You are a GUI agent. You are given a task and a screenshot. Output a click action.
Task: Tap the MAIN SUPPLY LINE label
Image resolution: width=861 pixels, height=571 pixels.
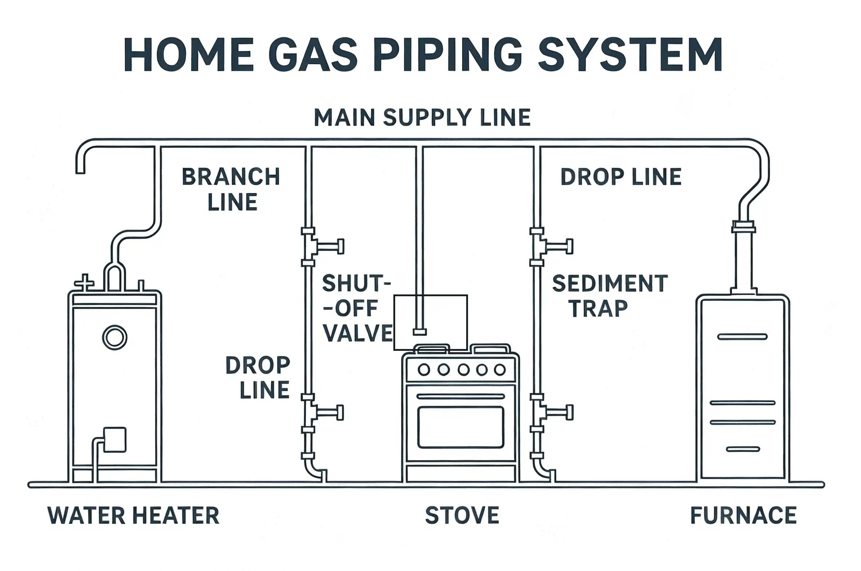422,118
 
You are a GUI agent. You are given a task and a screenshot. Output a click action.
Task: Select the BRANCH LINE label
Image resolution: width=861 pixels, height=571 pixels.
231,189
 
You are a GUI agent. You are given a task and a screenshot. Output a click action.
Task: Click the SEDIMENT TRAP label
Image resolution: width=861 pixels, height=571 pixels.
610,296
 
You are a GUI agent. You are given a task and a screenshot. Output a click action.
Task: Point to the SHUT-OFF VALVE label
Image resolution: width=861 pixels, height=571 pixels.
357,308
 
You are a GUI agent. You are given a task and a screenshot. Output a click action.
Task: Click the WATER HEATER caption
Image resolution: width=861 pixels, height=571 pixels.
133,515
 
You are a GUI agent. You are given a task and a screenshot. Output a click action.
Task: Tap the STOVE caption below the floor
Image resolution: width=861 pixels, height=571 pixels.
462,515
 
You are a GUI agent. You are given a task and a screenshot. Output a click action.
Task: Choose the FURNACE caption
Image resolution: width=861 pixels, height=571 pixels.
743,515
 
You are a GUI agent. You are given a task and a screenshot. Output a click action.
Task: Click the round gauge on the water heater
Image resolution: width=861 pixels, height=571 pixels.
114,338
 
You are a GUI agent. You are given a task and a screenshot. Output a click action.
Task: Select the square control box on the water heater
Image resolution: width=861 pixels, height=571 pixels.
115,440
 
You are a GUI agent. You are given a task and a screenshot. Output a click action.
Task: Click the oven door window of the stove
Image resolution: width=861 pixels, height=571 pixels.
461,427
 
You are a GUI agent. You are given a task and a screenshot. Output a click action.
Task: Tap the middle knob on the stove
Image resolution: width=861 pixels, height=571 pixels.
463,370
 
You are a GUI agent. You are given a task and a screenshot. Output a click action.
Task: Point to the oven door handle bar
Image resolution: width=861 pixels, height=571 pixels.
461,397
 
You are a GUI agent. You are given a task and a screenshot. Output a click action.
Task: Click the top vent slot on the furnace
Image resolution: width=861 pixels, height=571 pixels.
742,337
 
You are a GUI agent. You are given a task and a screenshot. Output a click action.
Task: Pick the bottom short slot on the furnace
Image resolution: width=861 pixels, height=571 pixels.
743,449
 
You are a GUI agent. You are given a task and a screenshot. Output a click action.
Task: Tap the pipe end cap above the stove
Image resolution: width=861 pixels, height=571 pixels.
419,332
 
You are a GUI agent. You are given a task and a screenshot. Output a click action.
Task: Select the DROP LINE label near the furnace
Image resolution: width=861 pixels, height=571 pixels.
621,177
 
